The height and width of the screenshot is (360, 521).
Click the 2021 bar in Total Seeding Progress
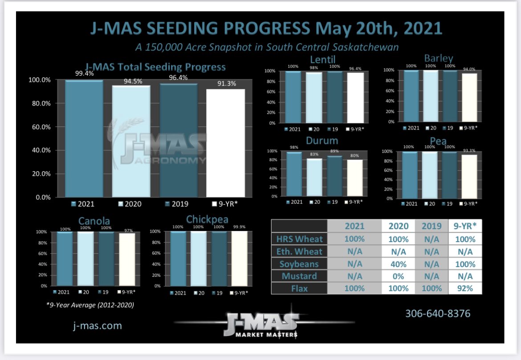84,138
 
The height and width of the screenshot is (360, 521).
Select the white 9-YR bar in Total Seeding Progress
225,143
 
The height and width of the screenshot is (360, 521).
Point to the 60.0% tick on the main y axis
40,127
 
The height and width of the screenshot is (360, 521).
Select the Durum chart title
322,141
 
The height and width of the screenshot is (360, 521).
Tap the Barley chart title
438,58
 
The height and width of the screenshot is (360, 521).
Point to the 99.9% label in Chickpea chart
239,227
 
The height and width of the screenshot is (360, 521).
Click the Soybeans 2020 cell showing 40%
398,264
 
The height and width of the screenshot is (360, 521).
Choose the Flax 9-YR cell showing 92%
465,288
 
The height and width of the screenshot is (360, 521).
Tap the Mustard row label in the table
299,276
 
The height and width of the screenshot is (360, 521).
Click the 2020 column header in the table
398,226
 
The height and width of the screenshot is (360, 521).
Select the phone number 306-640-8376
437,313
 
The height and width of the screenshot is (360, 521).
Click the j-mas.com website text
97,326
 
